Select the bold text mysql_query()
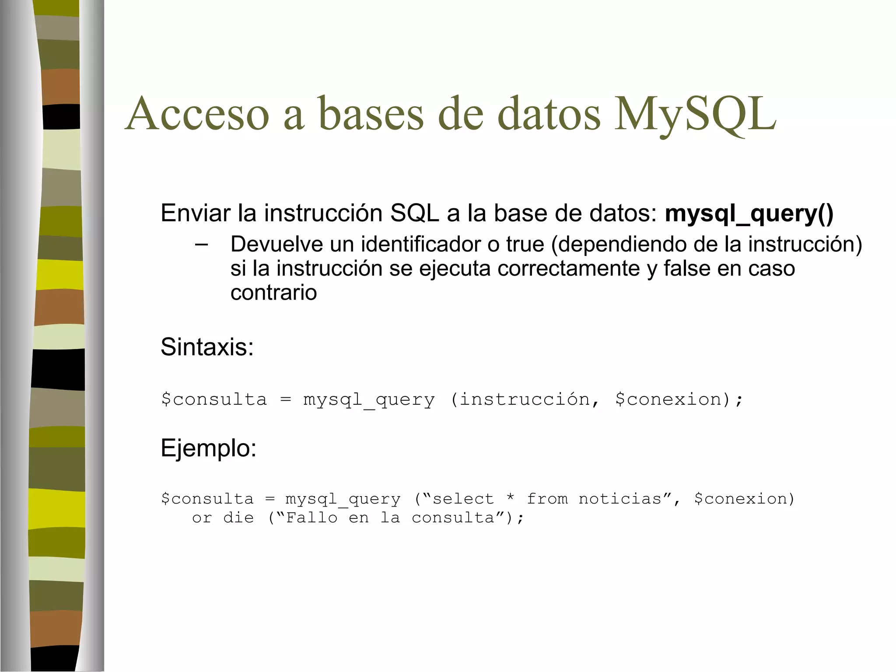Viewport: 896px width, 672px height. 749,213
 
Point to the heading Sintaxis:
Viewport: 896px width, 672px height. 207,347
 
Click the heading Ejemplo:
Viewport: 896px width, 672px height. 208,448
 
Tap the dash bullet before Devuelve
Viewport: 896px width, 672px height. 201,244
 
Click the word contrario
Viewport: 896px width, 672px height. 273,292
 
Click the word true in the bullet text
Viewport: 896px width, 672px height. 525,244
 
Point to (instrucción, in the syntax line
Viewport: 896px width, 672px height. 525,399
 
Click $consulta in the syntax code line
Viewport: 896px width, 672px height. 213,399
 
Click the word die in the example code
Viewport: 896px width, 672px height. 238,518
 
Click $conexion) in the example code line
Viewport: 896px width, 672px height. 744,499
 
